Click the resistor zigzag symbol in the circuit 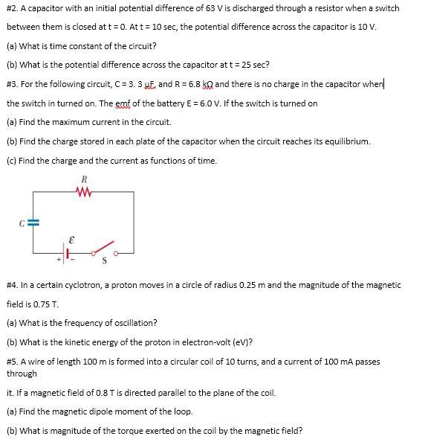coord(85,191)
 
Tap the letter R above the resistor coord(85,179)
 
